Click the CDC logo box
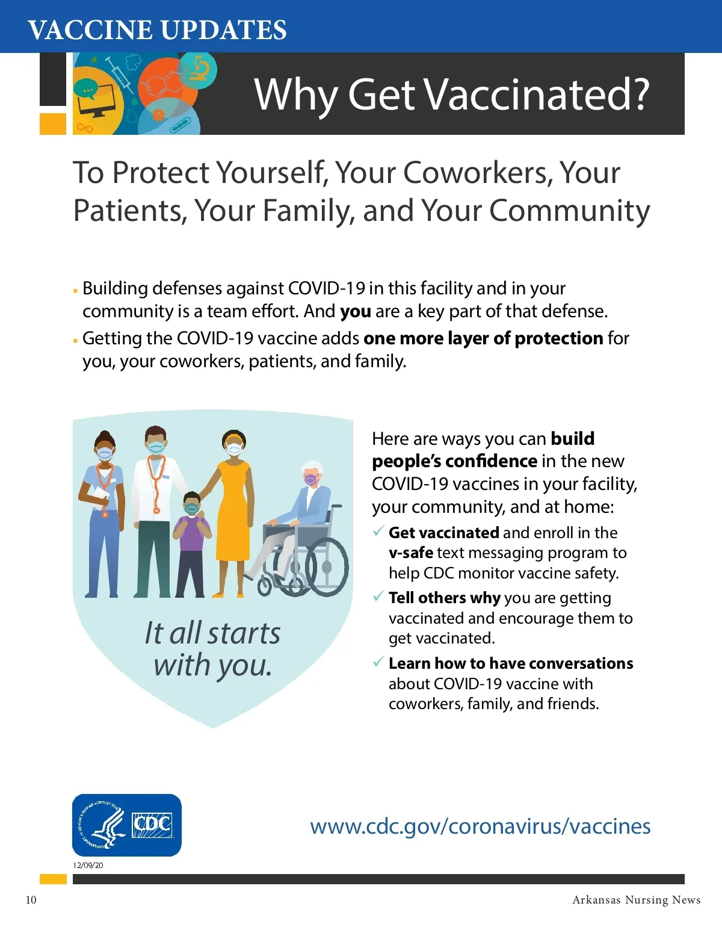coord(126,825)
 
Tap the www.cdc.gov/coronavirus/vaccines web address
coord(480,826)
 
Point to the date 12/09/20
coord(88,865)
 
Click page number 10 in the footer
coord(31,900)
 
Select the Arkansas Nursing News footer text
coord(637,899)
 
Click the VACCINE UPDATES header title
coord(157,29)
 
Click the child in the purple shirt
coord(191,544)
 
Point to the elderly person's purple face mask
coord(311,479)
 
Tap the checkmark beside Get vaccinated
coord(378,531)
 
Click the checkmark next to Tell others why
coord(378,596)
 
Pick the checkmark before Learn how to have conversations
coord(378,661)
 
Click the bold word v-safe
coord(411,553)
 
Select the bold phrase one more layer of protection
coord(483,338)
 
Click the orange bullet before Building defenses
coord(75,291)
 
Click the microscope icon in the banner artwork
coord(198,68)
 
